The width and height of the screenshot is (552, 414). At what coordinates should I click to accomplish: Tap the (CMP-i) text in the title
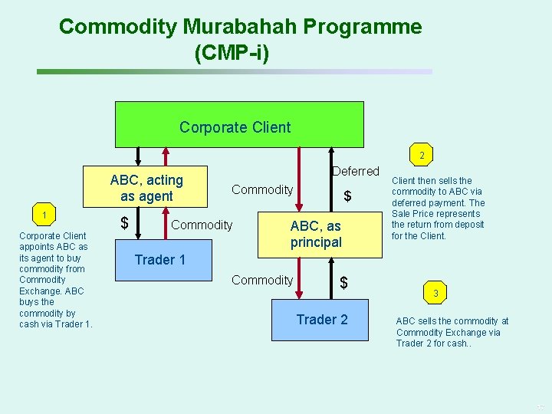click(232, 54)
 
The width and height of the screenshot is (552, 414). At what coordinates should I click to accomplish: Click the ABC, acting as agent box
click(146, 188)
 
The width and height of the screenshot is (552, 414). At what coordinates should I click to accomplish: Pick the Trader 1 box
click(160, 259)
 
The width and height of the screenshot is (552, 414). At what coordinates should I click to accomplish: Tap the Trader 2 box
click(322, 320)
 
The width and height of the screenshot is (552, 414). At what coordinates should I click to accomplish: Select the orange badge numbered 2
click(421, 156)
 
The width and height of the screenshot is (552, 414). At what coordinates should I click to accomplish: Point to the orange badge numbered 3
click(436, 293)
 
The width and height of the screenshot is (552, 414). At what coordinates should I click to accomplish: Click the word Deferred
click(356, 171)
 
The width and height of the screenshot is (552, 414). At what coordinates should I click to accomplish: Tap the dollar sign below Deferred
click(347, 196)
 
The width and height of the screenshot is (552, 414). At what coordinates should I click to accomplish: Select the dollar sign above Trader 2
click(343, 283)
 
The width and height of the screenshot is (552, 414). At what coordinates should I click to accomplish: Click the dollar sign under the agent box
click(125, 224)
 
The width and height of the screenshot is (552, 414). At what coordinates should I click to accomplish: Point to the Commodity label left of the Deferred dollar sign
click(262, 189)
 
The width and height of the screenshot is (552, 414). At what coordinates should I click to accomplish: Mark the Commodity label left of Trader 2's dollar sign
click(262, 281)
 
